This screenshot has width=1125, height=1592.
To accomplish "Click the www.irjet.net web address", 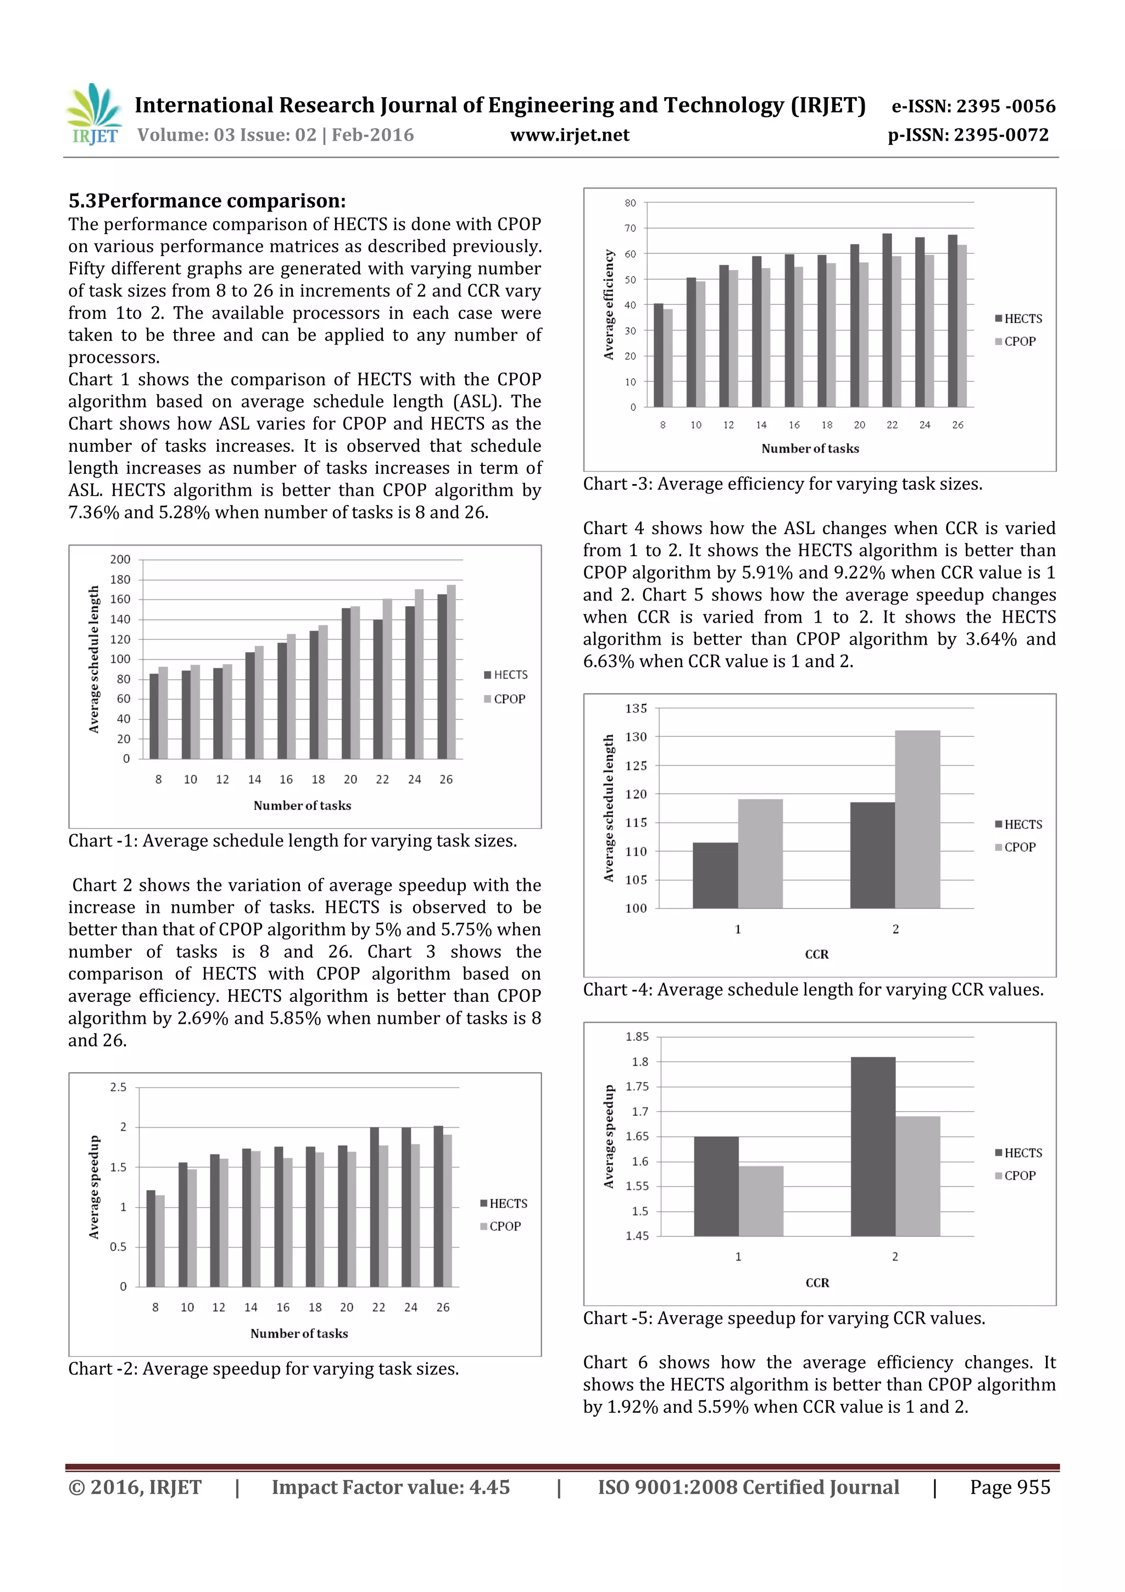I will pos(569,135).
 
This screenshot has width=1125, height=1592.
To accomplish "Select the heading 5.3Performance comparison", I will pos(207,201).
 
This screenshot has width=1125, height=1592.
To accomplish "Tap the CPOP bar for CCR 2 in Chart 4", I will pos(916,819).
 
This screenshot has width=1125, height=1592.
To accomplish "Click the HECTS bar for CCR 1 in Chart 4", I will pos(715,875).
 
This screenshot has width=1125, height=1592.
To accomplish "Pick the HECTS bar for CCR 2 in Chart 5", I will pos(873,1146).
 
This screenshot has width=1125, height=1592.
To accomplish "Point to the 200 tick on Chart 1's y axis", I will pos(120,559).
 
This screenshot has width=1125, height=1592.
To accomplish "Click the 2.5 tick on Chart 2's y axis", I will pos(118,1087).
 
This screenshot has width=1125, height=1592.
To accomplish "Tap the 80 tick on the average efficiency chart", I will pos(630,203).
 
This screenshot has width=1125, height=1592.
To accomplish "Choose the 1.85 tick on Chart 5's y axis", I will pos(636,1036).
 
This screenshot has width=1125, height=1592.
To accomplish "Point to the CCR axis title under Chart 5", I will pos(816,1283).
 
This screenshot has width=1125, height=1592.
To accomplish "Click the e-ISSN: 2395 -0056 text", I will pos(972,106).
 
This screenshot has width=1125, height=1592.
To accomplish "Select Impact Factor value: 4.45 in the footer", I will pos(390,1487).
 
